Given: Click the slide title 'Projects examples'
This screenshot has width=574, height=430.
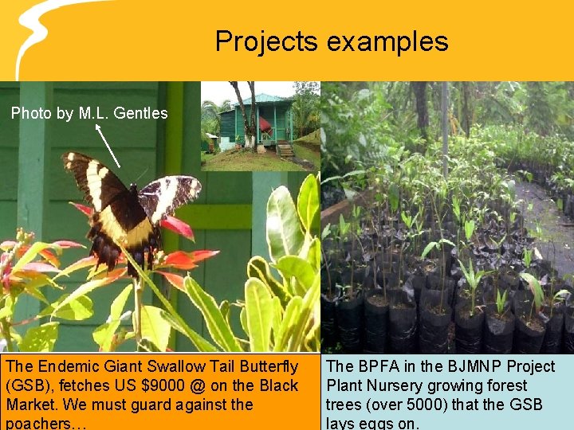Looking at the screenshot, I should click(332, 41).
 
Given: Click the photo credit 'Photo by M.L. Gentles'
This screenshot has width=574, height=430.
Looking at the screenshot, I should click(89, 113).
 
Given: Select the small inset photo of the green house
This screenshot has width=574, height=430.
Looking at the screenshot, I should click(260, 126).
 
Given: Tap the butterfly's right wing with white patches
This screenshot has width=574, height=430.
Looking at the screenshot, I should click(169, 195).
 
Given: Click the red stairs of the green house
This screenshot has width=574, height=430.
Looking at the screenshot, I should click(285, 149).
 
